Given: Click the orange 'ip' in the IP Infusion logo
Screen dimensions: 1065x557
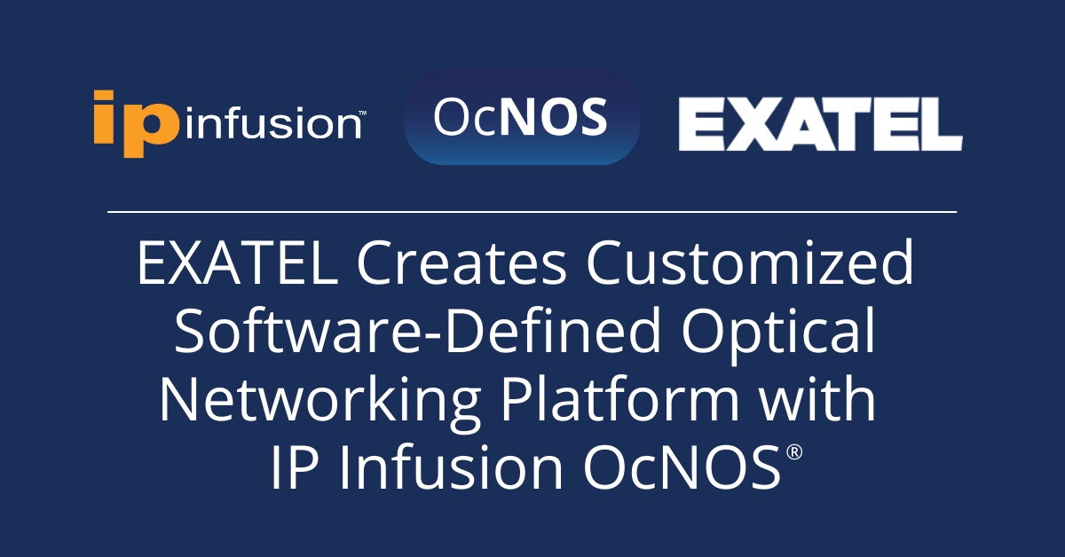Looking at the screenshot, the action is [x=137, y=123].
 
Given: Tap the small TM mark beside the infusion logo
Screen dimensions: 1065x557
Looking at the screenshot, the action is [x=362, y=114].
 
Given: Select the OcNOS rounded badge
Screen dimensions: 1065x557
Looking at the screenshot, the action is [x=522, y=117].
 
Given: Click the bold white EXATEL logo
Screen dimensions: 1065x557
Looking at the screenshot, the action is [x=821, y=124].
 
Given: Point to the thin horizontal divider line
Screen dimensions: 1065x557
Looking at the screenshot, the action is [x=532, y=212].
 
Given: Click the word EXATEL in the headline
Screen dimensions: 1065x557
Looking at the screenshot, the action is [x=238, y=263].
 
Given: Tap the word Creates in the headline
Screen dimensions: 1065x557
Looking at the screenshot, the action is [x=461, y=263].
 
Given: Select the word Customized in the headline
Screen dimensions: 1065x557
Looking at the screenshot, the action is [x=750, y=263].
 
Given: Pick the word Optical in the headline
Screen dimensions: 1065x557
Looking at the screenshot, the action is [x=777, y=334].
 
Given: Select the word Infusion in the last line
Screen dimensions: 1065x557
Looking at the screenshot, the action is [x=451, y=467].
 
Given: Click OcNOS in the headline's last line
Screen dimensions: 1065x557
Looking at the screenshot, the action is [x=682, y=467].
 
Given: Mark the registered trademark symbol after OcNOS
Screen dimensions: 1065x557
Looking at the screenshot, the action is [x=793, y=452].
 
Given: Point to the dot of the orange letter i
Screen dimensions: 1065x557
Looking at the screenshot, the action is [x=104, y=95].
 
